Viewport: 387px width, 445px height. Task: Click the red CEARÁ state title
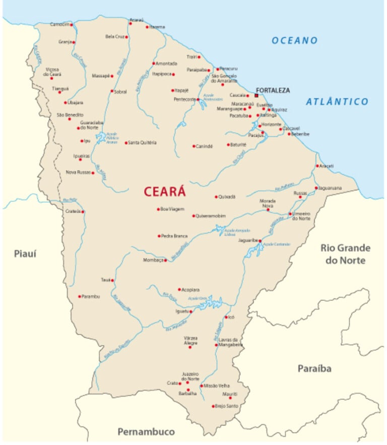coord(165,192)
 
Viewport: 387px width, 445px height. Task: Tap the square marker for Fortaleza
coord(256,95)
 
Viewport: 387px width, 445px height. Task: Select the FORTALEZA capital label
coord(273,90)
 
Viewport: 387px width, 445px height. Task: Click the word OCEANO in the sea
coord(295,40)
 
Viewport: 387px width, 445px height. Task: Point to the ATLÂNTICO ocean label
coord(337,102)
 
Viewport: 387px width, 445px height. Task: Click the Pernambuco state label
coord(146,431)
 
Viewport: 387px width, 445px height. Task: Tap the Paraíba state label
coord(314,369)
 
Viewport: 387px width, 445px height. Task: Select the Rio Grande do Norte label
coord(345,254)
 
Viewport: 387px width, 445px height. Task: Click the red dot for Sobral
coord(112,91)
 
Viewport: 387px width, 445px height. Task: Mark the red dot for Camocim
coord(71,25)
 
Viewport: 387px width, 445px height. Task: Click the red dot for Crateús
coord(83,212)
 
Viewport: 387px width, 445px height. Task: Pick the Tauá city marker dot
coord(112,280)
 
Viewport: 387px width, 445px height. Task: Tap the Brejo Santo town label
coord(227,406)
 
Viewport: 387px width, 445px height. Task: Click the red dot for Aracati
coord(317,166)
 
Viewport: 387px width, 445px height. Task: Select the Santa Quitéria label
coord(143,143)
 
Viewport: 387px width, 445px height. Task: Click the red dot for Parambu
coord(79,296)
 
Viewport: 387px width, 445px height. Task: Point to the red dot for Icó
coord(226,317)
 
